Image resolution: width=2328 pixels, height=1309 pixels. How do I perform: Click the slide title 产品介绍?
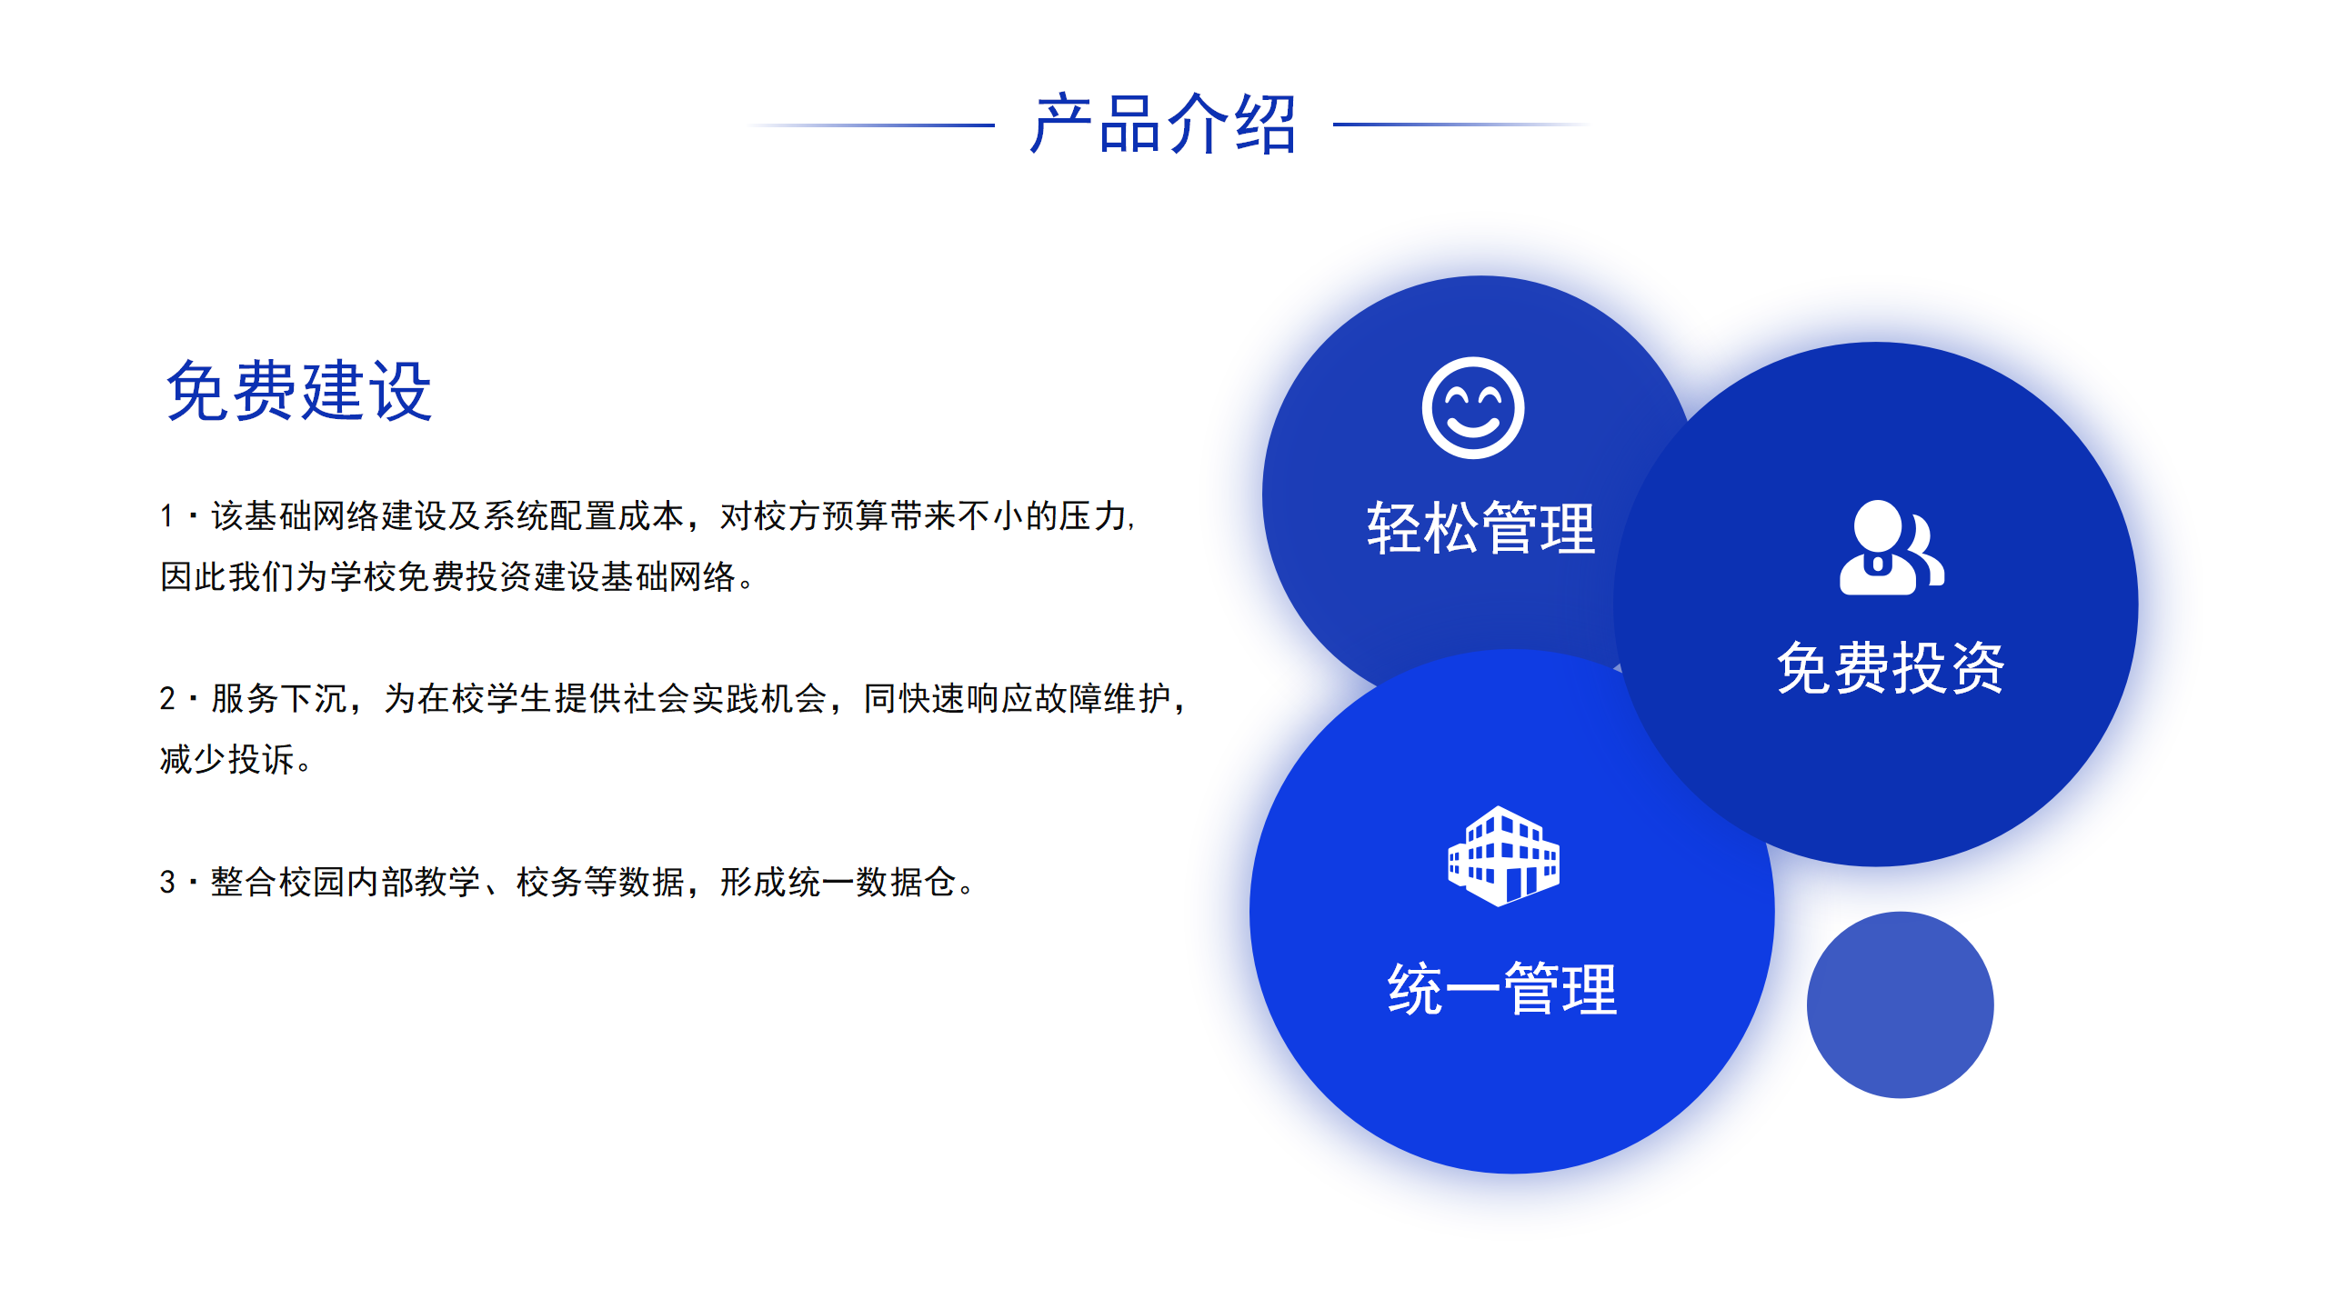click(x=1163, y=124)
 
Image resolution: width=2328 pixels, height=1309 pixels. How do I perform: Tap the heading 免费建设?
click(x=299, y=391)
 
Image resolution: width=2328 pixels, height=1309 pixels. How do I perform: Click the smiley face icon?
click(x=1473, y=407)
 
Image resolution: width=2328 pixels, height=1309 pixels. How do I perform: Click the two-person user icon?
click(x=1891, y=547)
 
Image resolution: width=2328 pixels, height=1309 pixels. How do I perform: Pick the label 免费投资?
click(x=1891, y=668)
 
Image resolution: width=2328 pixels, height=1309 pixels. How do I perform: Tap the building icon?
click(x=1503, y=855)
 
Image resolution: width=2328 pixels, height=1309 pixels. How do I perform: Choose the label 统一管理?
click(x=1502, y=989)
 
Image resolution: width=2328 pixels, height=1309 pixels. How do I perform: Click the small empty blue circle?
click(x=1900, y=1004)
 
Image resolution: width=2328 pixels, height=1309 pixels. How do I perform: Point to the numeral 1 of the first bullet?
click(x=166, y=516)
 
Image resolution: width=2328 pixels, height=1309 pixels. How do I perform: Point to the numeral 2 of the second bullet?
click(x=167, y=698)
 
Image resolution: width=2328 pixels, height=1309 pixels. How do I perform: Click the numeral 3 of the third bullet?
click(x=167, y=882)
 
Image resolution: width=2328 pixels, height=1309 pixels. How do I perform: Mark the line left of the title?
click(x=870, y=125)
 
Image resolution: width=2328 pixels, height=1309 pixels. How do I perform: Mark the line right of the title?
click(x=1462, y=125)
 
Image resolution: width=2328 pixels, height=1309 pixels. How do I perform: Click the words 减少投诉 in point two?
click(x=227, y=759)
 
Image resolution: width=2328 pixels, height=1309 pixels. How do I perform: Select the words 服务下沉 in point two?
click(x=279, y=698)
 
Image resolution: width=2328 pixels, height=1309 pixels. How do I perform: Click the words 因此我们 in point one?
click(x=227, y=576)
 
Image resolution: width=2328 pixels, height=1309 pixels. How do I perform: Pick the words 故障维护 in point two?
click(x=1103, y=698)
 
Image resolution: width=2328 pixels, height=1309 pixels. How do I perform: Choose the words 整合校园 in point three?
click(x=279, y=882)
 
